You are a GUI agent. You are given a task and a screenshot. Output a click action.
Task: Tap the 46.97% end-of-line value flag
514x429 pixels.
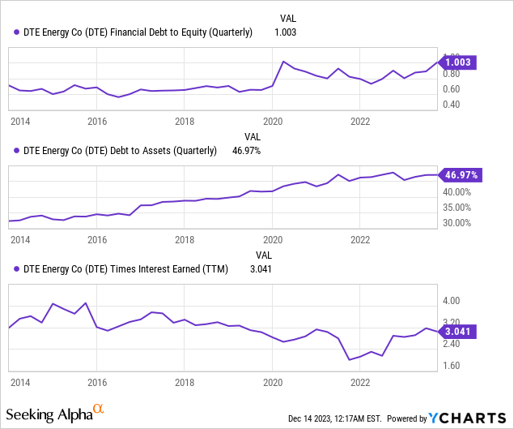click(x=460, y=174)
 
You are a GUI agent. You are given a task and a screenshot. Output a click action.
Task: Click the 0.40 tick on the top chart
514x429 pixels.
click(x=450, y=105)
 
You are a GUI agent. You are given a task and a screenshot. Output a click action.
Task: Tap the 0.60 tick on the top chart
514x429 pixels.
click(x=450, y=89)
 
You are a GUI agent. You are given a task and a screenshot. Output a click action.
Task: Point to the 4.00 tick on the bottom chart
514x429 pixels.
click(x=450, y=300)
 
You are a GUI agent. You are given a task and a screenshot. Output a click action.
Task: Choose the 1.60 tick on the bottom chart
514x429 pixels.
click(x=450, y=366)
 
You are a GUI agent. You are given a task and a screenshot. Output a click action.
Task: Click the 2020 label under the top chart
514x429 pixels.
click(x=273, y=122)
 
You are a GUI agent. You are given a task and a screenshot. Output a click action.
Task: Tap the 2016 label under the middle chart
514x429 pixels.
click(x=97, y=240)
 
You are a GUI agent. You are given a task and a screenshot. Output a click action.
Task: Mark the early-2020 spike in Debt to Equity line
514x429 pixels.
click(x=283, y=62)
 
